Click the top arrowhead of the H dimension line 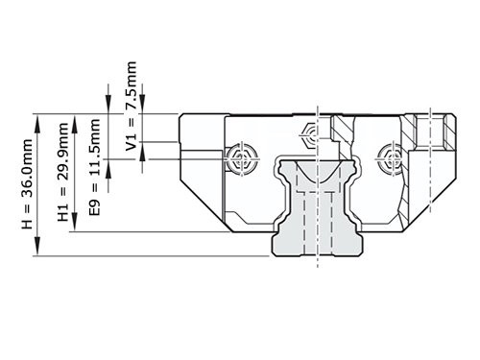[x=37, y=119]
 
